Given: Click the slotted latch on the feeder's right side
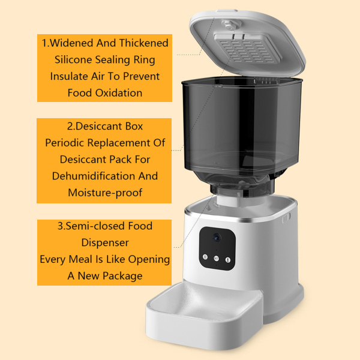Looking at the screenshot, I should pyautogui.click(x=284, y=217).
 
